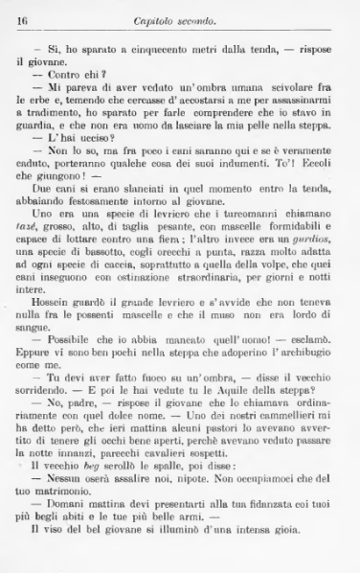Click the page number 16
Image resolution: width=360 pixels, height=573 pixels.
point(23,18)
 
